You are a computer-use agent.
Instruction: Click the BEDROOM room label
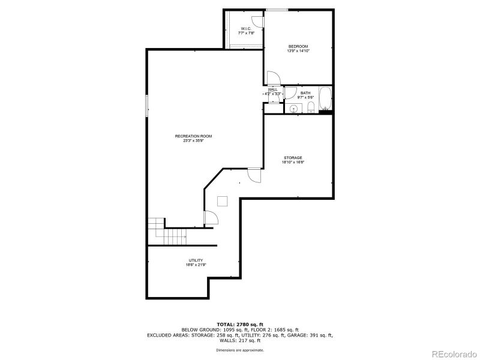[298, 47]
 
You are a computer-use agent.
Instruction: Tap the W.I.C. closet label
[246, 29]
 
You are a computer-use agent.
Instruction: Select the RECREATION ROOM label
[193, 136]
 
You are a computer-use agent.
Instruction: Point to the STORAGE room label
[293, 158]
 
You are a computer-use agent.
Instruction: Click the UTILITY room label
[196, 260]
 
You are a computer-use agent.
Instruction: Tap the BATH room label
[305, 93]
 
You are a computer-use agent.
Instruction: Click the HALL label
[273, 89]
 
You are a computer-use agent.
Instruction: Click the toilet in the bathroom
[311, 108]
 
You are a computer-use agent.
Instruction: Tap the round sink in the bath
[293, 109]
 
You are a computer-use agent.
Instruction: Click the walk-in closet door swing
[257, 20]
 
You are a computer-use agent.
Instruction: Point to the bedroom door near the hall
[272, 78]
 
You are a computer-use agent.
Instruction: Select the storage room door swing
[254, 176]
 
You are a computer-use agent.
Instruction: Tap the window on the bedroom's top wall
[277, 10]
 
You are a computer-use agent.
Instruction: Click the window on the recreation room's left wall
[147, 106]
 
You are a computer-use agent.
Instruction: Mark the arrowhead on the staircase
[185, 238]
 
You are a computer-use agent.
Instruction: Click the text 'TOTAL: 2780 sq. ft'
[240, 325]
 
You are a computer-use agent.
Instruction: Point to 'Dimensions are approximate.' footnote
[240, 350]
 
